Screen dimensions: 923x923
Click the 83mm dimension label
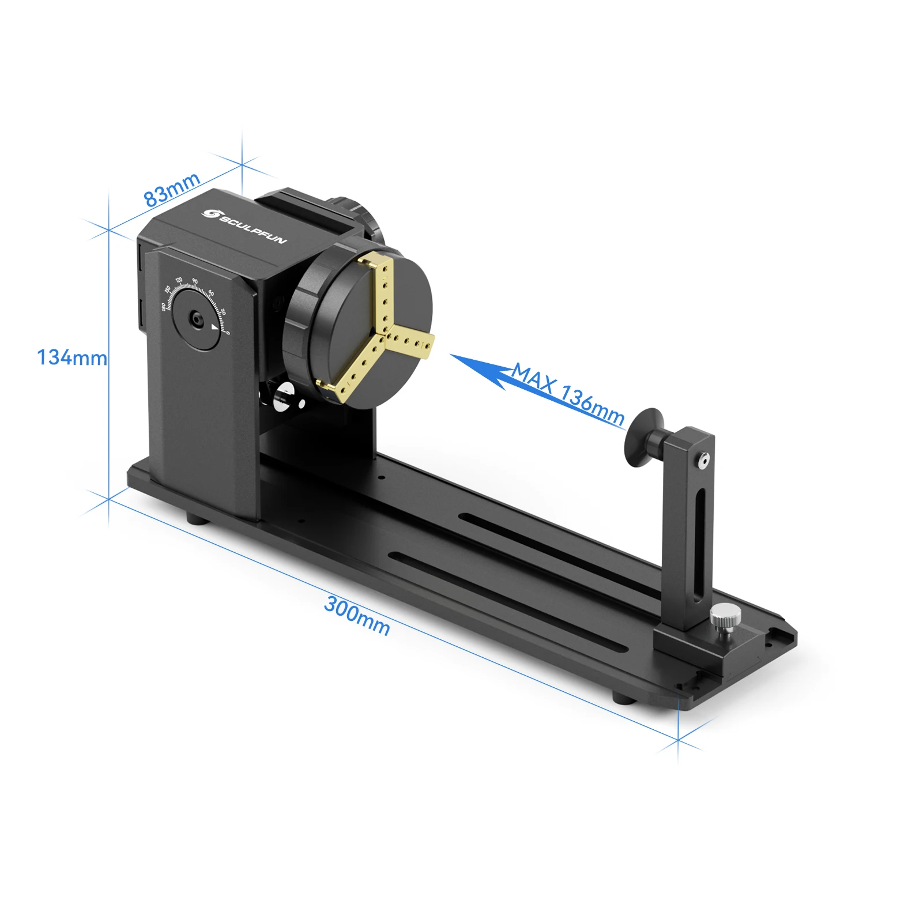click(171, 189)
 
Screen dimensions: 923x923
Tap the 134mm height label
click(71, 358)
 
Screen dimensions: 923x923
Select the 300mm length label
click(357, 615)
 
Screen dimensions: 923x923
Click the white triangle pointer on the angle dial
click(215, 327)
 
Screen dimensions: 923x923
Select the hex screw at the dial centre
click(197, 319)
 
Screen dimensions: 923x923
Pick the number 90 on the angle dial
click(195, 281)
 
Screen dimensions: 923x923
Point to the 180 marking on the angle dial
click(163, 306)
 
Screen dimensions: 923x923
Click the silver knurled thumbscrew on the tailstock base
click(725, 617)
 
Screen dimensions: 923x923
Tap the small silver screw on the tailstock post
click(703, 461)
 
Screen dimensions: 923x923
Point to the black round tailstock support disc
click(642, 438)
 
